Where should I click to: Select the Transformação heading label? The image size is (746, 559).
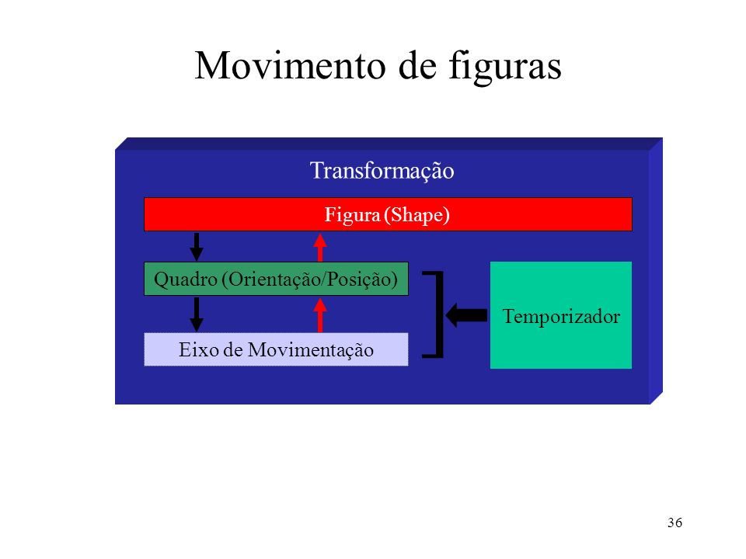[382, 171]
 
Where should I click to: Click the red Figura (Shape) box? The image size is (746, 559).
[388, 214]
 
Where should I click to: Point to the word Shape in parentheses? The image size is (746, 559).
[417, 215]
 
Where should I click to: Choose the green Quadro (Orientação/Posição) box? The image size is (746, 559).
[276, 279]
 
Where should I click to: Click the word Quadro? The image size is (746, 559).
[186, 279]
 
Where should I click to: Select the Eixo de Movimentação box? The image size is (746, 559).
[276, 349]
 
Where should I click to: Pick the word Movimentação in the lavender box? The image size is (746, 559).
[311, 351]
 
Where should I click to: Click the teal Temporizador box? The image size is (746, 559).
[561, 315]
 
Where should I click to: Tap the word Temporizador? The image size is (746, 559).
[561, 317]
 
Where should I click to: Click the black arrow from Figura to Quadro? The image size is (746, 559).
[197, 247]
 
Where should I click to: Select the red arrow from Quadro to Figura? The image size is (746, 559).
[320, 247]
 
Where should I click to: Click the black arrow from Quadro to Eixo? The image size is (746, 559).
[197, 314]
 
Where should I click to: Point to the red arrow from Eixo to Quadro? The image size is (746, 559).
[320, 314]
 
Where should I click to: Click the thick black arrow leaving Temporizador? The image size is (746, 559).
[466, 315]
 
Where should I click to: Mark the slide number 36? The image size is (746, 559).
[675, 523]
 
